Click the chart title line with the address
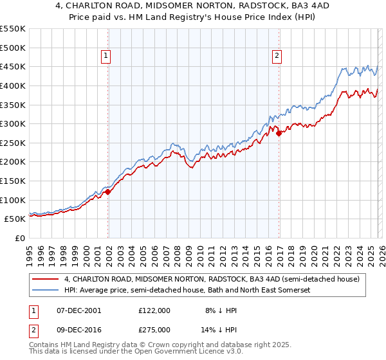tap(192, 6)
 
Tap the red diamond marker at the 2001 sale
tap(108, 191)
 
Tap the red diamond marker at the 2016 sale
tap(279, 133)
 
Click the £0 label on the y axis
tap(20, 238)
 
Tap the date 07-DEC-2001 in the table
tap(79, 310)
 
